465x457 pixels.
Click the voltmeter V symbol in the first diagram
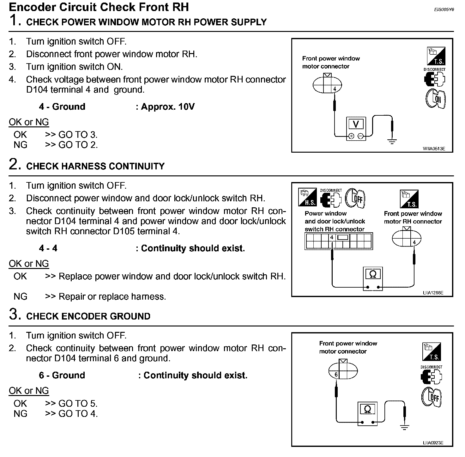tap(356, 124)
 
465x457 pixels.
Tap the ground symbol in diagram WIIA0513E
tap(392, 141)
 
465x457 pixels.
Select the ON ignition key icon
tap(436, 99)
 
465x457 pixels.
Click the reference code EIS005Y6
tap(444, 10)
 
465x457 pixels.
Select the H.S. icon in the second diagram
tap(307, 198)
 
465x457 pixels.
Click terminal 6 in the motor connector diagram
tap(336, 375)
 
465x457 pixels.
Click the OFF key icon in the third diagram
tap(432, 397)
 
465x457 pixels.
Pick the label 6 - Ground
tap(62, 375)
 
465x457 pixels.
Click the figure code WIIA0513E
tap(434, 149)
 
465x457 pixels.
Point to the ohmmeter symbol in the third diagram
tap(367, 410)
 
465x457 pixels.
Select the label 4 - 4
tap(48, 248)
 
